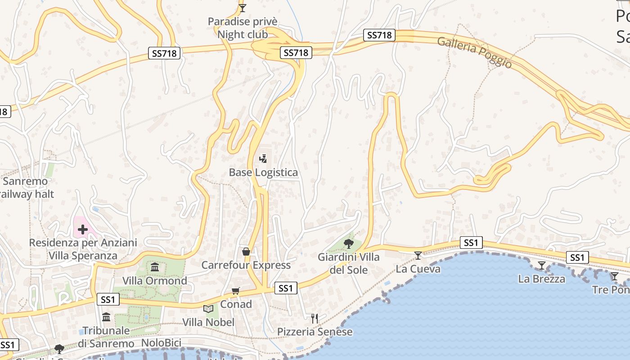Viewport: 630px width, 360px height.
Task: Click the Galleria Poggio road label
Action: [x=474, y=52]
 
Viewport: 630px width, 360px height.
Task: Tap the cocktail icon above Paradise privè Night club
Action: [x=243, y=8]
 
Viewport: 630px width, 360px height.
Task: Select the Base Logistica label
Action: [x=263, y=172]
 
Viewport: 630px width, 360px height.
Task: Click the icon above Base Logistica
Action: [x=263, y=158]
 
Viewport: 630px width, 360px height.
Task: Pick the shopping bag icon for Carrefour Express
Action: [x=246, y=251]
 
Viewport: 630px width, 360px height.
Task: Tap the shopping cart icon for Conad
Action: [x=235, y=291]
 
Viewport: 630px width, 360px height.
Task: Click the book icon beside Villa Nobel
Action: [x=208, y=309]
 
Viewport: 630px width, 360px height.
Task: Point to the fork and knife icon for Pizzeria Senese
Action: [x=315, y=319]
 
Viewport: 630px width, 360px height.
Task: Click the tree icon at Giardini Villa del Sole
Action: [x=348, y=244]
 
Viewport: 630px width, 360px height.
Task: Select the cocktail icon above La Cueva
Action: [x=418, y=256]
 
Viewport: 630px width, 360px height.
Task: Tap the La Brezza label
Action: [x=541, y=279]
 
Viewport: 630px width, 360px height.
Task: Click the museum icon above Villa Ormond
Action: [x=155, y=267]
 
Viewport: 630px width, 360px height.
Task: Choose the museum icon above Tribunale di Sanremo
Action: [x=106, y=317]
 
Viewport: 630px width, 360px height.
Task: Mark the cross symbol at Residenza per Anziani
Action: [x=83, y=229]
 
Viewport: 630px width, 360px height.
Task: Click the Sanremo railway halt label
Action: [x=27, y=188]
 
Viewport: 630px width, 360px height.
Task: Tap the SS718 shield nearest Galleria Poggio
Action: [x=379, y=35]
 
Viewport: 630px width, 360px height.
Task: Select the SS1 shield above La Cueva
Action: [x=471, y=243]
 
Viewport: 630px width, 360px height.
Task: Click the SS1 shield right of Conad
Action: [x=285, y=288]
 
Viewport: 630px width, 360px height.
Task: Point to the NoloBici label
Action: [x=161, y=343]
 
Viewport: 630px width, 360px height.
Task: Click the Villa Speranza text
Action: [x=83, y=256]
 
